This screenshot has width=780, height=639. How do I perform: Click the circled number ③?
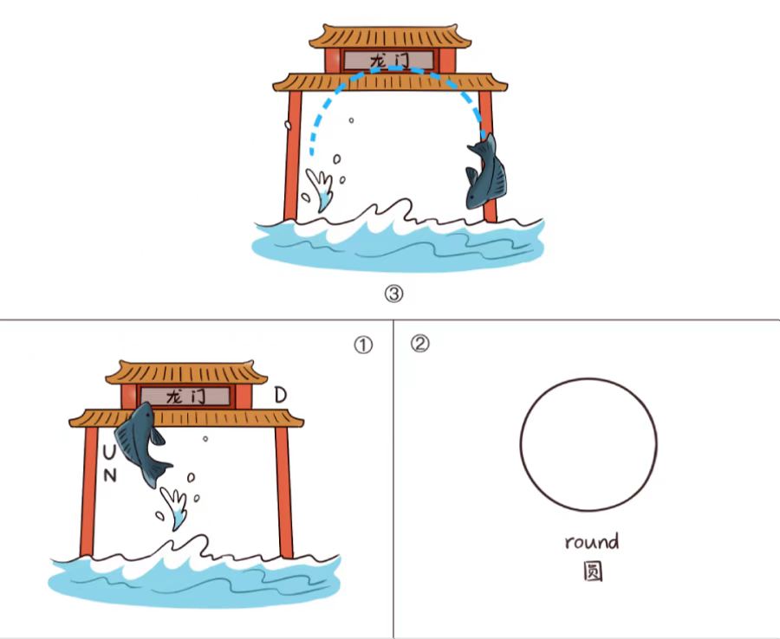394,294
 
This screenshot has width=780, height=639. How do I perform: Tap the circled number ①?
363,345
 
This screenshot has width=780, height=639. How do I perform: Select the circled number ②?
419,344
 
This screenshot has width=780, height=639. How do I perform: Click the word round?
592,541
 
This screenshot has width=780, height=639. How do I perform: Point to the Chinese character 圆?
593,571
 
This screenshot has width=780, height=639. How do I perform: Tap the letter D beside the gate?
281,395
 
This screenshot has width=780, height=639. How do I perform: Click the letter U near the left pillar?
109,452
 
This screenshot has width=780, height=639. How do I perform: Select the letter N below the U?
110,476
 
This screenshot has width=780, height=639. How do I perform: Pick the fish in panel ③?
486,172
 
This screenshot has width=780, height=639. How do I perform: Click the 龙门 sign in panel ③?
389,60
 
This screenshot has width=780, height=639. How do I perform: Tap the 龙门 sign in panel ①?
185,396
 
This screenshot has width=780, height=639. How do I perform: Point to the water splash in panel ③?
321,189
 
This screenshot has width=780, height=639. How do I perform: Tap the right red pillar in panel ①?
284,493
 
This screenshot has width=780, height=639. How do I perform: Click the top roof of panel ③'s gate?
390,36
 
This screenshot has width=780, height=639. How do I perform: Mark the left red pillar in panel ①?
89,492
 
